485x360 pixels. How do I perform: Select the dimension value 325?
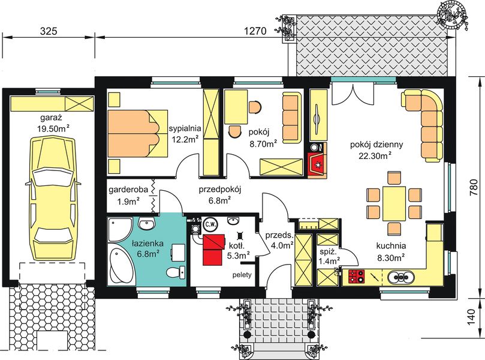point(49,31)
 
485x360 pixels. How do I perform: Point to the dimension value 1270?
point(255,31)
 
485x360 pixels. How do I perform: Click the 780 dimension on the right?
point(474,188)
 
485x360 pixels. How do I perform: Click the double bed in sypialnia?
point(138,133)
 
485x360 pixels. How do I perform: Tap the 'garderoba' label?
point(128,190)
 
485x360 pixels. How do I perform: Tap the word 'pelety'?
point(242,275)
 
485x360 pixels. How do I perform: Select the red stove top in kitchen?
point(356,277)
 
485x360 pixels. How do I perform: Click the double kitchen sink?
point(400,277)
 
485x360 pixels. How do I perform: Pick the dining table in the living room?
point(394,203)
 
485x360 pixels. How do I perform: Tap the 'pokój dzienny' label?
point(376,145)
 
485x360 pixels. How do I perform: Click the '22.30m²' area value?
point(375,156)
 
